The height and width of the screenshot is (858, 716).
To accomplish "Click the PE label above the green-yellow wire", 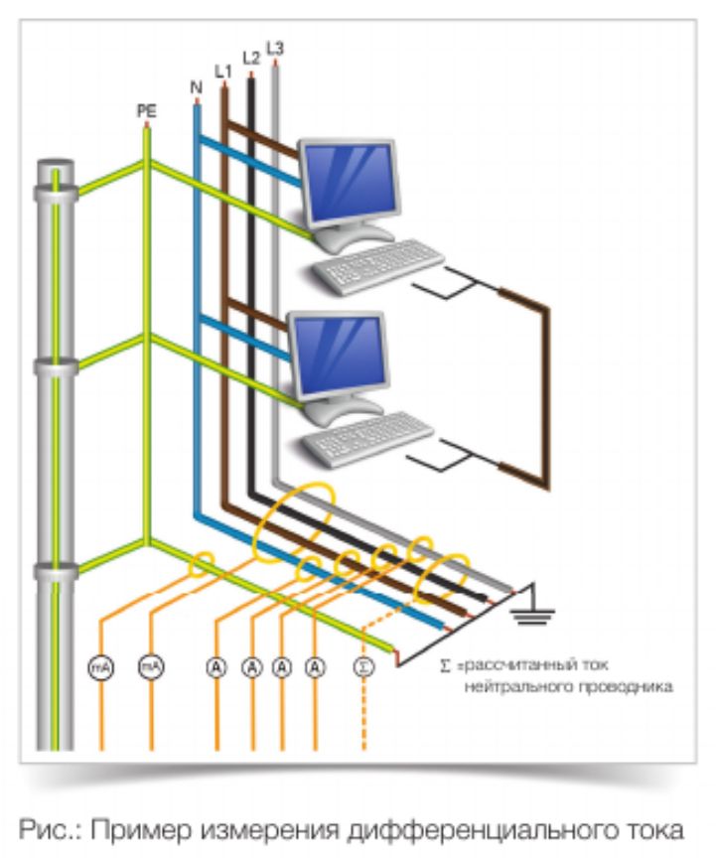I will [x=146, y=111].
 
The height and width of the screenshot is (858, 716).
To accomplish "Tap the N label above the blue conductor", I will [x=195, y=87].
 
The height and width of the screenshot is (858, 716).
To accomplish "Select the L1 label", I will [x=223, y=72].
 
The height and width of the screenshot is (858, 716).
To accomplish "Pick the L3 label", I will [x=275, y=48].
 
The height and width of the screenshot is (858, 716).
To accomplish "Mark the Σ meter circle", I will [x=361, y=667].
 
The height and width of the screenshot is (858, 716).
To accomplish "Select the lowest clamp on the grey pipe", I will [x=57, y=571].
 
